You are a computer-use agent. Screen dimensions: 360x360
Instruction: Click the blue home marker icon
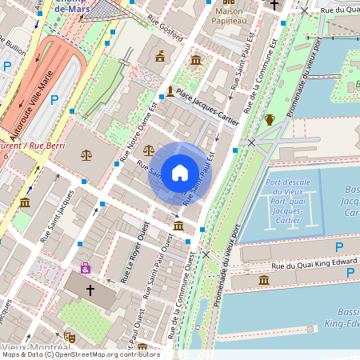(180, 173)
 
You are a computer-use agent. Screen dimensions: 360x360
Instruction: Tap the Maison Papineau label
(229, 15)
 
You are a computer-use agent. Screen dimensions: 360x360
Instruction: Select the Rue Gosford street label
(166, 30)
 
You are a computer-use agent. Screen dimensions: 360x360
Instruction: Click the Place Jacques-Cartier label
(207, 106)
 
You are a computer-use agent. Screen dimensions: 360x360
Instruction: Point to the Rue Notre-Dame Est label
(138, 129)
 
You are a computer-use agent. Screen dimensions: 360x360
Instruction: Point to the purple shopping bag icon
(86, 268)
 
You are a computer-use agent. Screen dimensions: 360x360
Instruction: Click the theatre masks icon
(70, 338)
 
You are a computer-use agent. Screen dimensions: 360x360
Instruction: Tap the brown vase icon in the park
(270, 120)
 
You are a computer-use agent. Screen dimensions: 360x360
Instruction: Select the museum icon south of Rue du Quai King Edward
(264, 279)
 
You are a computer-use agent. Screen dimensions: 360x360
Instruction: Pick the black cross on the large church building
(90, 289)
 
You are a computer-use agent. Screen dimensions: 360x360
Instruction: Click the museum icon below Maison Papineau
(196, 60)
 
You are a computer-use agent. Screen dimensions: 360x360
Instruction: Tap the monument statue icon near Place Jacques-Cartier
(170, 91)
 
